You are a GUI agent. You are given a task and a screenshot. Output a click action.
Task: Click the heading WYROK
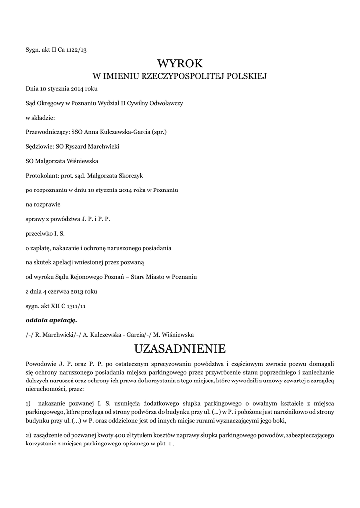point(180,63)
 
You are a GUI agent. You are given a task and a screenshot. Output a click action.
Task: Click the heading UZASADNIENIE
point(180,347)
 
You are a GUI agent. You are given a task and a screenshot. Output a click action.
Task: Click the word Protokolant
point(41,175)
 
